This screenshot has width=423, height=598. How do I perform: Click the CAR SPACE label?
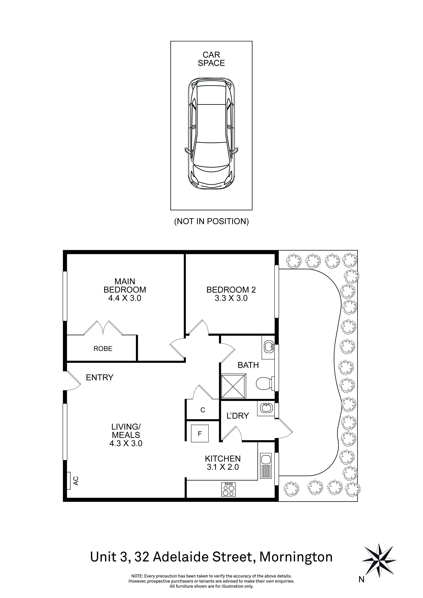click(x=211, y=59)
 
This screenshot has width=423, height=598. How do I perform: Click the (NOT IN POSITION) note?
click(x=211, y=221)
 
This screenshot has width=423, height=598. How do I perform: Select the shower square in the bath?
click(x=233, y=386)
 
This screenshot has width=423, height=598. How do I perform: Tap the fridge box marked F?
click(x=200, y=434)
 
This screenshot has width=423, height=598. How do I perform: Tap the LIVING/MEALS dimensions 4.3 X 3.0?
click(x=126, y=443)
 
